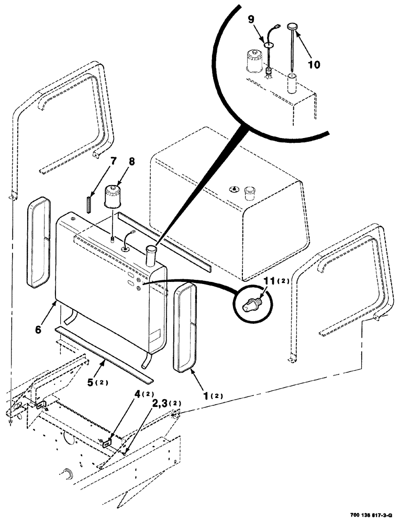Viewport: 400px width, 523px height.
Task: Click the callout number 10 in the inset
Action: [x=313, y=65]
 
